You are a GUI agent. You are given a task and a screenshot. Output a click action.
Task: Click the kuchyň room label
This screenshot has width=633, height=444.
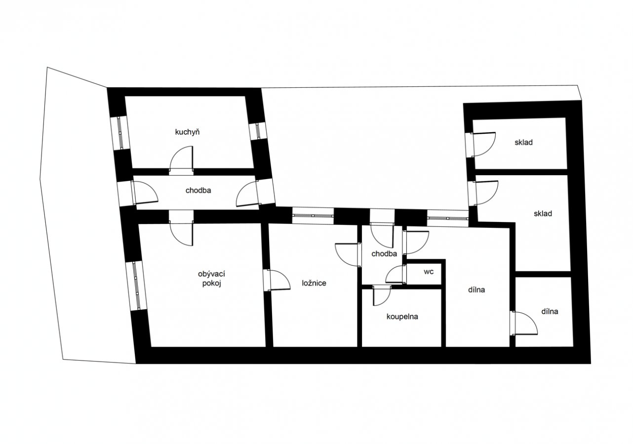[x=187, y=132]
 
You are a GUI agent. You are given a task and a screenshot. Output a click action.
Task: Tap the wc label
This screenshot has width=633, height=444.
[x=429, y=271]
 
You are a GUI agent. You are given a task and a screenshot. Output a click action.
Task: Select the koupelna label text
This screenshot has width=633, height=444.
[x=402, y=317]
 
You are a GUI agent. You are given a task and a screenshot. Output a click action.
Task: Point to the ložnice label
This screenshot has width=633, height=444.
[x=314, y=283]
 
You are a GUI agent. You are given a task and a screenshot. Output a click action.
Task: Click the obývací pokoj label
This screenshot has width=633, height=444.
[x=211, y=279]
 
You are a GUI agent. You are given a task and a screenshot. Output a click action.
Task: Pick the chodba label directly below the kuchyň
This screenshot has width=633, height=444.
[x=198, y=190]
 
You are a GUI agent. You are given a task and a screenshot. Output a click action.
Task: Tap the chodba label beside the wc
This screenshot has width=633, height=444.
[x=384, y=254]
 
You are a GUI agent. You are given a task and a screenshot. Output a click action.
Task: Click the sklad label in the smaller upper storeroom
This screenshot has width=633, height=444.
[x=524, y=143]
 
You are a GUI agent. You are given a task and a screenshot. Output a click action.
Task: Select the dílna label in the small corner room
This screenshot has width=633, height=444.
[x=550, y=312]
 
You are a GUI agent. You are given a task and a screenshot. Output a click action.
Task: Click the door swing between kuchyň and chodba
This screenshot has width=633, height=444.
[x=181, y=159]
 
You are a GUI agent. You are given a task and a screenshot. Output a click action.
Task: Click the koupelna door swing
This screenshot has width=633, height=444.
[x=382, y=296]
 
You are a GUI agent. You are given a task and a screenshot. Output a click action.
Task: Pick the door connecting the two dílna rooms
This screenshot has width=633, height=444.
[x=525, y=323]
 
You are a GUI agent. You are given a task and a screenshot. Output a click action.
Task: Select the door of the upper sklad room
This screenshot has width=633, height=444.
[x=483, y=144]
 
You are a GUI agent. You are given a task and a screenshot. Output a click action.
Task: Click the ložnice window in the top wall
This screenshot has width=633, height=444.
[x=313, y=216]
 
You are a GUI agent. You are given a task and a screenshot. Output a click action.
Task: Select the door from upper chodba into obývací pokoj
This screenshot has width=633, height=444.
[x=181, y=233]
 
